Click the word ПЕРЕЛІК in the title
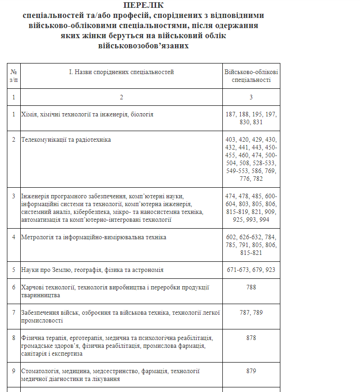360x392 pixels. pyautogui.click(x=144, y=6)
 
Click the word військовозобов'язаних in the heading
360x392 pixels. pyautogui.click(x=144, y=46)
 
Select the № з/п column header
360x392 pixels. pyautogui.click(x=14, y=76)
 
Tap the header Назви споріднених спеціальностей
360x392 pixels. pyautogui.click(x=122, y=72)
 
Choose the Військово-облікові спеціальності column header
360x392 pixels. pyautogui.click(x=251, y=76)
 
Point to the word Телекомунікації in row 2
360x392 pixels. pyautogui.click(x=42, y=139)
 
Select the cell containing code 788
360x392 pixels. pyautogui.click(x=251, y=288)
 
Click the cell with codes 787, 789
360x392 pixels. pyautogui.click(x=251, y=313)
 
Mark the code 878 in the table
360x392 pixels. pyautogui.click(x=251, y=338)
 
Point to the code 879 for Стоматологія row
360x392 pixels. pyautogui.click(x=251, y=371)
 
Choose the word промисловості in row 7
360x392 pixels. pyautogui.click(x=42, y=321)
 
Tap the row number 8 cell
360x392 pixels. pyautogui.click(x=14, y=338)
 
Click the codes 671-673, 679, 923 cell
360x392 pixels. pyautogui.click(x=251, y=270)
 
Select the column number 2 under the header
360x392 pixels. pyautogui.click(x=122, y=97)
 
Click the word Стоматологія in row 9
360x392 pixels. pyautogui.click(x=40, y=371)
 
